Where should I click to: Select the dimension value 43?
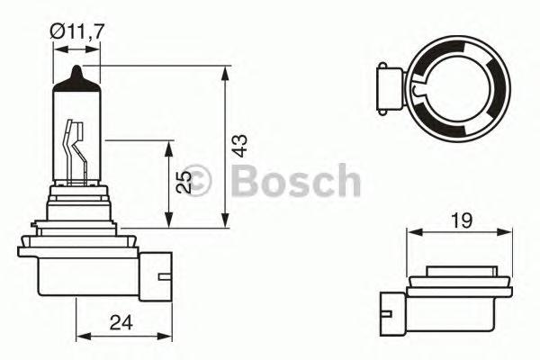pyautogui.click(x=239, y=146)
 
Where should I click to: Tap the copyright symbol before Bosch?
pyautogui.click(x=195, y=180)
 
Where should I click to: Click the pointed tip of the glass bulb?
pyautogui.click(x=77, y=73)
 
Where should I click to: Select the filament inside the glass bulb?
pyautogui.click(x=76, y=144)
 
